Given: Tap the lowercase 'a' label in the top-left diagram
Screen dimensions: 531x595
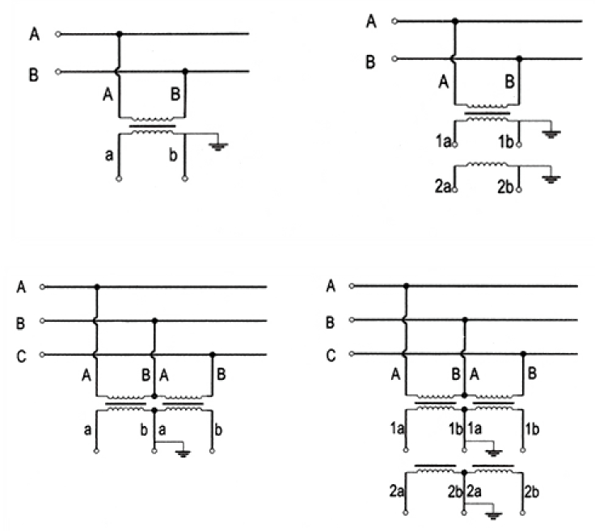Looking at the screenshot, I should click(108, 154).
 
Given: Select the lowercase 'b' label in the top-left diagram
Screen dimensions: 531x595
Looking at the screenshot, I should click(171, 154).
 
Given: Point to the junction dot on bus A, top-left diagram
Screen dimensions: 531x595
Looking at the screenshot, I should click(120, 34).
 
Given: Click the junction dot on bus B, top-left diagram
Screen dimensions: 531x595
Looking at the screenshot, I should click(185, 71).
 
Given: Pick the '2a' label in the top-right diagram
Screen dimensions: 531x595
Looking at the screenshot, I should click(441, 188).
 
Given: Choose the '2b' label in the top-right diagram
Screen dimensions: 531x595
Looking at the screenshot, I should click(504, 188).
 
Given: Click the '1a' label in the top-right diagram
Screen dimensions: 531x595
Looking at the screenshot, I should click(441, 143).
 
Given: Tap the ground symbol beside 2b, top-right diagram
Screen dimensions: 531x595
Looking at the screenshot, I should click(552, 179).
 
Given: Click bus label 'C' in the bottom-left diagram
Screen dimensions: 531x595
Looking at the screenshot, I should click(20, 355).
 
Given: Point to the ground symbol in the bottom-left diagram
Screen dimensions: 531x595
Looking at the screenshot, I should click(184, 453).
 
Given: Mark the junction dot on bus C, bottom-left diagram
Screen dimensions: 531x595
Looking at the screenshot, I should click(213, 355).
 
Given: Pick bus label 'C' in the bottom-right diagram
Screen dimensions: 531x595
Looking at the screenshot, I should click(331, 355).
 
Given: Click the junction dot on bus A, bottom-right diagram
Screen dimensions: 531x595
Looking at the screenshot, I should click(406, 285).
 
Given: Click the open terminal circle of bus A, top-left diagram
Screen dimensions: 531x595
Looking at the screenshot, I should click(58, 34).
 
